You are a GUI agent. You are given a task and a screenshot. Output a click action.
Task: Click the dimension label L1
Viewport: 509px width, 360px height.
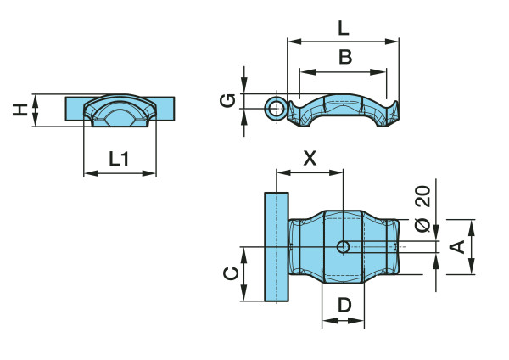[x=119, y=159]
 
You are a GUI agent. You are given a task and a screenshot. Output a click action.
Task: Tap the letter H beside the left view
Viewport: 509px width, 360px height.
[x=20, y=110]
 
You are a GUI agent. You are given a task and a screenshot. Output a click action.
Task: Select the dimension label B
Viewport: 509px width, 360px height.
[x=345, y=57]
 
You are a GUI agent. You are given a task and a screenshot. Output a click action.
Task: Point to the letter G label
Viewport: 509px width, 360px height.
[x=227, y=100]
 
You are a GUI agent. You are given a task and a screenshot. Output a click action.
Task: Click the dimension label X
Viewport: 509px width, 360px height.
[x=310, y=158]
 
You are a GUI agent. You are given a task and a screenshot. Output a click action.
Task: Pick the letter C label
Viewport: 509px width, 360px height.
[x=231, y=274]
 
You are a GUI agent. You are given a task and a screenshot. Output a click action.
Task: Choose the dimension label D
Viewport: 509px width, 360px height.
[x=344, y=305]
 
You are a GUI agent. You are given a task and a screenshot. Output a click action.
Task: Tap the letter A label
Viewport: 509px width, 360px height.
[x=457, y=247]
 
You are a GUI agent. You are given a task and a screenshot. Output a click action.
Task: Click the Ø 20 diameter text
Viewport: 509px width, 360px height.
[x=422, y=209]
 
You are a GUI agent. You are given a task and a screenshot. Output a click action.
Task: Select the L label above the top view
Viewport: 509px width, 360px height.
[x=344, y=28]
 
